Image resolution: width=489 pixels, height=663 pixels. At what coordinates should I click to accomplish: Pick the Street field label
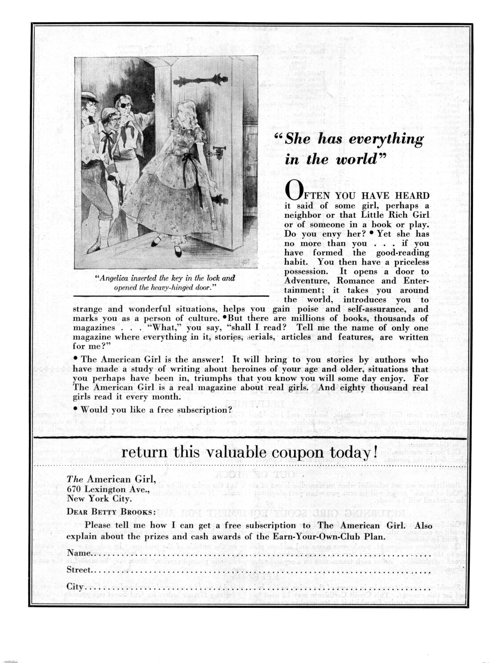click(79, 570)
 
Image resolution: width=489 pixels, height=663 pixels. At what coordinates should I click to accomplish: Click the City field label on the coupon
click(75, 586)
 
